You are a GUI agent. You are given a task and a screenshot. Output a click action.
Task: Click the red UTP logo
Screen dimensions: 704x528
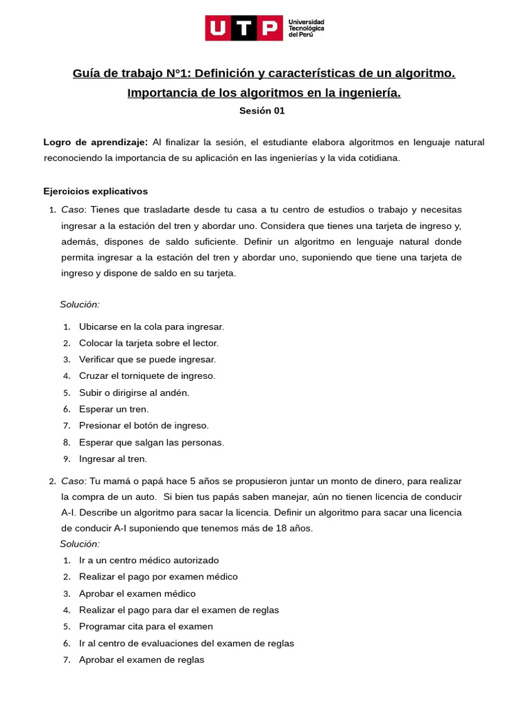[243, 29]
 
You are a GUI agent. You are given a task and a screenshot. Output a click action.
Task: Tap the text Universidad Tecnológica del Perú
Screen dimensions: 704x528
[307, 29]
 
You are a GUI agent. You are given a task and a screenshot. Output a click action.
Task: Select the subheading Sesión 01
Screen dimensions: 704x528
[262, 110]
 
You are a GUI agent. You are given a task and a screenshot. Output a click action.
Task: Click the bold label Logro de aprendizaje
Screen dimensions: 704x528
[96, 142]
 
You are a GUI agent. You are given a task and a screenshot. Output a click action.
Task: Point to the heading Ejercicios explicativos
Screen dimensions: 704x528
[96, 191]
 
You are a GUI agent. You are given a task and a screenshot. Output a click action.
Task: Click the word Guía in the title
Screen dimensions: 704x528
[87, 73]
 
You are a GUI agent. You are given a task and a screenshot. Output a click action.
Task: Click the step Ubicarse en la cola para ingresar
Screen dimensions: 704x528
[151, 327]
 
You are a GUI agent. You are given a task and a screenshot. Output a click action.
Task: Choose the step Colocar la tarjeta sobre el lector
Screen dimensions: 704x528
[148, 343]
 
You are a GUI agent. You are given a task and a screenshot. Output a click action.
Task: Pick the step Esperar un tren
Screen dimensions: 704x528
[113, 409]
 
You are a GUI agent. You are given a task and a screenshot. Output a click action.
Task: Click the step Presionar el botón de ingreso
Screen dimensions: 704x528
[144, 426]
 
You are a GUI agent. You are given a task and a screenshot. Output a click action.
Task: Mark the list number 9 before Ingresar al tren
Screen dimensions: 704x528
[66, 459]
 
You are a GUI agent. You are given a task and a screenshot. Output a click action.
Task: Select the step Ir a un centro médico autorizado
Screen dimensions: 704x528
[148, 560]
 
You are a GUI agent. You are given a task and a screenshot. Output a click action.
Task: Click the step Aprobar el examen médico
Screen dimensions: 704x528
[137, 593]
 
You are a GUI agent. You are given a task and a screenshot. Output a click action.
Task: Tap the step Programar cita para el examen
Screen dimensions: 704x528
[146, 626]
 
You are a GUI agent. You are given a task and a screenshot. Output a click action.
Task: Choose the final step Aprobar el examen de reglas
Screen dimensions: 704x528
[142, 659]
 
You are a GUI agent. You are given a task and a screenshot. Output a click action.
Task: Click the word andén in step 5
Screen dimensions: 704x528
[174, 393]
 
